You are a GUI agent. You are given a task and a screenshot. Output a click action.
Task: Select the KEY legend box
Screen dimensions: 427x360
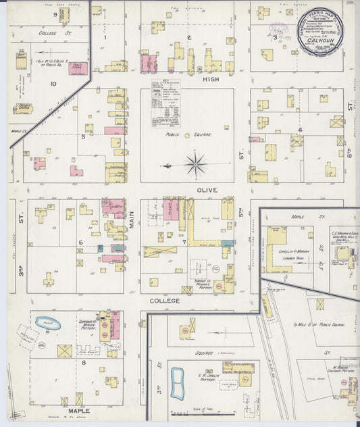pyautogui.click(x=166, y=109)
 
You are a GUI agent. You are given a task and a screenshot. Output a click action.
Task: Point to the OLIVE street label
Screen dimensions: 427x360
pyautogui.click(x=207, y=191)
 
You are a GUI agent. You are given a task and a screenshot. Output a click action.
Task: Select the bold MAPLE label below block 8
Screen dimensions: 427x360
pyautogui.click(x=79, y=409)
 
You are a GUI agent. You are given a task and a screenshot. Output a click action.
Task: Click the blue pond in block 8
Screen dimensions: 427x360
pyautogui.click(x=48, y=323)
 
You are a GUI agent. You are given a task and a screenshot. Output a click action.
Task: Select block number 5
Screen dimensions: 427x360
pyautogui.click(x=83, y=137)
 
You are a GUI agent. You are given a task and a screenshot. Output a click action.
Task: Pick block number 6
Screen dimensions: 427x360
pyautogui.click(x=80, y=242)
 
